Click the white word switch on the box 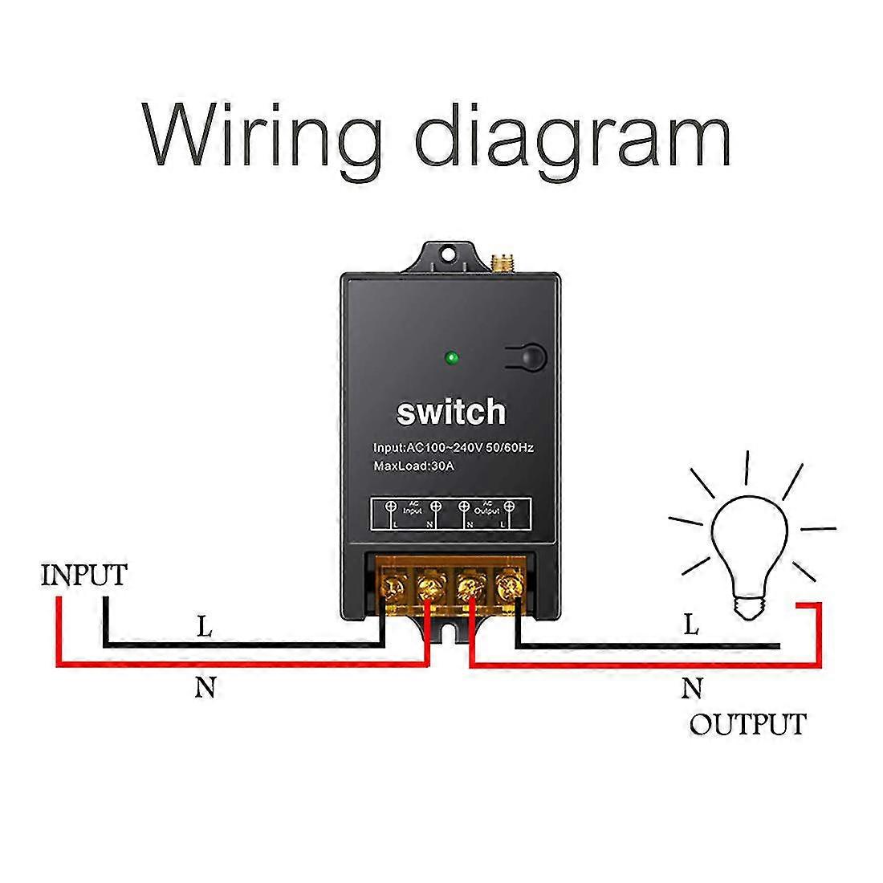click(451, 413)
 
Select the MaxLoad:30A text click(414, 466)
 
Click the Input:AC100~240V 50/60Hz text click(453, 447)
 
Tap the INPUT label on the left click(84, 576)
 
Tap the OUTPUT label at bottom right click(747, 724)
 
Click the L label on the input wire click(205, 628)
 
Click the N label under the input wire click(205, 688)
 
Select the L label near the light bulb click(691, 625)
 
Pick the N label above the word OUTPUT click(692, 688)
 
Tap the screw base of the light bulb click(748, 606)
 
